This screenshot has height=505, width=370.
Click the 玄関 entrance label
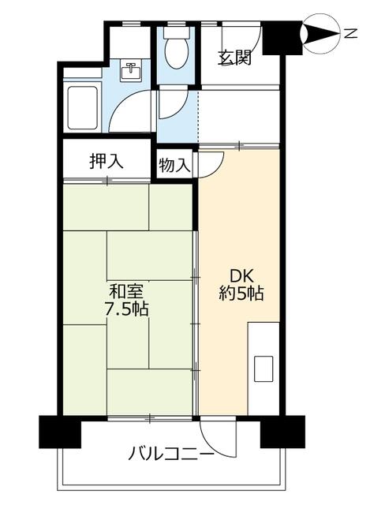(x=234, y=58)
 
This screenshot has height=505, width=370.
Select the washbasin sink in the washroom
(x=130, y=71)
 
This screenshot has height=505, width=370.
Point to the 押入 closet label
(x=107, y=161)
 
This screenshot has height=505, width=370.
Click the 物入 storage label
(x=174, y=165)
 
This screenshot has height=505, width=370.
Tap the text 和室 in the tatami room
(x=126, y=292)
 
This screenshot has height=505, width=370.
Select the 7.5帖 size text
(x=125, y=309)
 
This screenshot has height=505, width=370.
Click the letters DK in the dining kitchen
(x=241, y=277)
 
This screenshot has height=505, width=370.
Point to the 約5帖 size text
(x=241, y=294)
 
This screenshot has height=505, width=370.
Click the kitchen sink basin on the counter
(x=263, y=368)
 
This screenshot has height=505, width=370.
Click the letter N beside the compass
(x=351, y=33)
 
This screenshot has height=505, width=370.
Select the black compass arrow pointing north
(x=320, y=33)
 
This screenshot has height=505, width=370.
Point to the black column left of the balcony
(x=60, y=432)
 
